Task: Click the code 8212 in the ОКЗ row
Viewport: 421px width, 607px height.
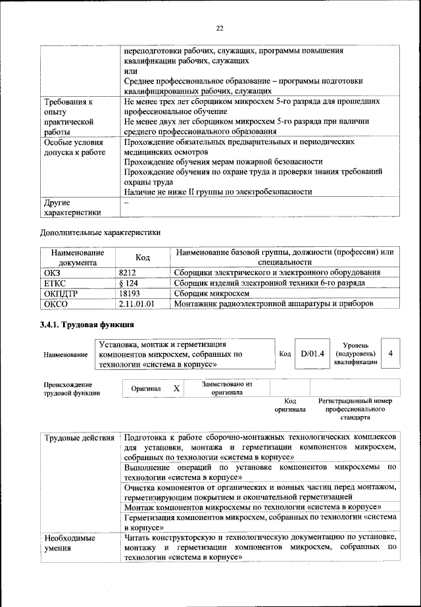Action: pyautogui.click(x=129, y=272)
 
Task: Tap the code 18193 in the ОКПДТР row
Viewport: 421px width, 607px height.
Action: pyautogui.click(x=131, y=293)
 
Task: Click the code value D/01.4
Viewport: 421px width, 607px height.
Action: pyautogui.click(x=312, y=354)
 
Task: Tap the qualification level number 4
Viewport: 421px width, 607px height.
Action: pyautogui.click(x=391, y=354)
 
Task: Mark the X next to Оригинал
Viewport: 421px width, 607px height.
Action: pyautogui.click(x=176, y=388)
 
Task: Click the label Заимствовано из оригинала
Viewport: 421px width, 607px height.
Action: pyautogui.click(x=226, y=388)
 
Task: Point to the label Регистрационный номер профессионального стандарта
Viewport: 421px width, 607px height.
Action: pyautogui.click(x=355, y=409)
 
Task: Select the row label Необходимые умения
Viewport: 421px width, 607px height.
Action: pyautogui.click(x=70, y=542)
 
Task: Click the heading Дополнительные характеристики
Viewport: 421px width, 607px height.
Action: pyautogui.click(x=100, y=232)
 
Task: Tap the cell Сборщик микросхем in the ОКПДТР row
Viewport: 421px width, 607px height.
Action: pyautogui.click(x=212, y=293)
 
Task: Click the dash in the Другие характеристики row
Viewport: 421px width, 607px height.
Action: pyautogui.click(x=126, y=203)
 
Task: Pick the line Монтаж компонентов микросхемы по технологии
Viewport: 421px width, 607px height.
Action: pyautogui.click(x=253, y=507)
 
